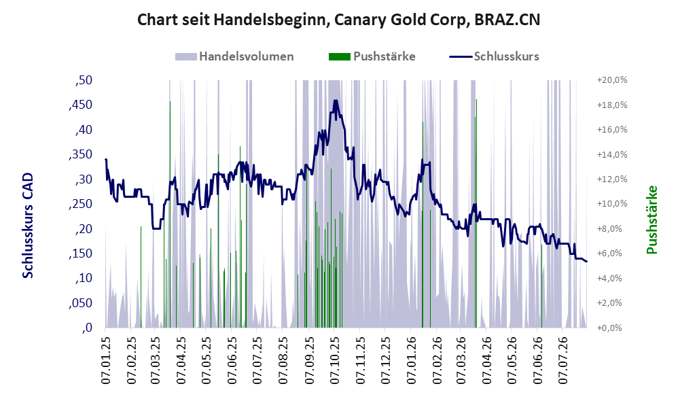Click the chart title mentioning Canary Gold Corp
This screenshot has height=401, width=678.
point(338,20)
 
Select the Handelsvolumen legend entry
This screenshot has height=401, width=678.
point(234,56)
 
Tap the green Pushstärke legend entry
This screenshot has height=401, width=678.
point(372,56)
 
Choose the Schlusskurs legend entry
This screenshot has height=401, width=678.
point(494,56)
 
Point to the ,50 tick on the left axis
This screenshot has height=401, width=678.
point(84,80)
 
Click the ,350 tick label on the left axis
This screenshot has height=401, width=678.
point(80,154)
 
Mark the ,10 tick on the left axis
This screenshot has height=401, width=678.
point(84,278)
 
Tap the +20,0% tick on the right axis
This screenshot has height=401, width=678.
point(612,80)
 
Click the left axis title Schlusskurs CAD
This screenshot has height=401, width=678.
point(28,226)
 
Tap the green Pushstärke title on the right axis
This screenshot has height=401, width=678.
point(652,220)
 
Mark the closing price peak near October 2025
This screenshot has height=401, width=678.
point(336,101)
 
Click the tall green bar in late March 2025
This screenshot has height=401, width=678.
point(170,214)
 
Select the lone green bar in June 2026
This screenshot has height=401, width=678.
point(542,286)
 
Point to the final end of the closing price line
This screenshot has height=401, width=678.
point(586,261)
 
